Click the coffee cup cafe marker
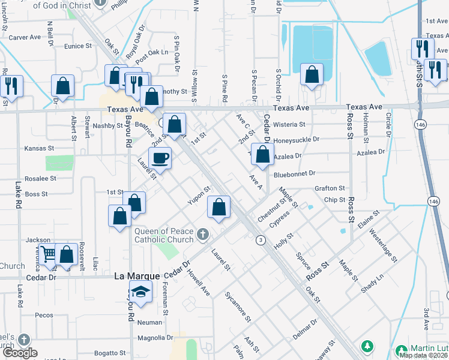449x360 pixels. point(160,158)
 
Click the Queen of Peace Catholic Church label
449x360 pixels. point(163,235)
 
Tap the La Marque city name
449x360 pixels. point(137,276)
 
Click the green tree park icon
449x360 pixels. point(366,347)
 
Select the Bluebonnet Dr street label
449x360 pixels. point(294,173)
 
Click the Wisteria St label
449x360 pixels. point(289,125)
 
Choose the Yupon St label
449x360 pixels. point(199,196)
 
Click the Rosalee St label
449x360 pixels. point(40,178)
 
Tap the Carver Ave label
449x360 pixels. point(25,37)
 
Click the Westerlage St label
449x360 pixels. point(383,245)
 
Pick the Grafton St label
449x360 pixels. point(330,188)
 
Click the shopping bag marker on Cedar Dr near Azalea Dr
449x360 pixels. point(262,154)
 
